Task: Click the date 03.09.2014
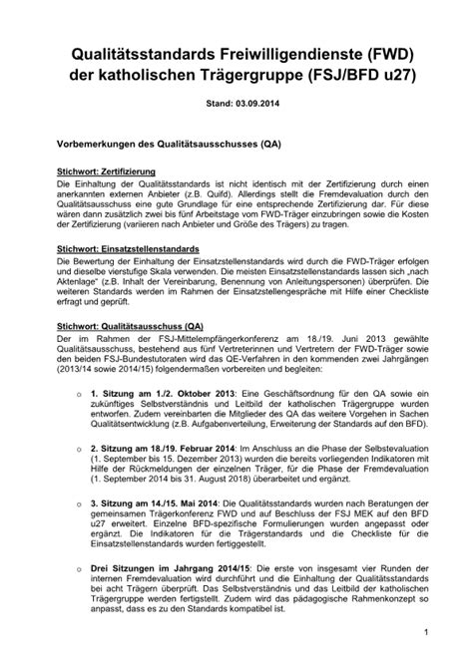[x=253, y=102]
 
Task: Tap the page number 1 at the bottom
[x=426, y=632]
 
